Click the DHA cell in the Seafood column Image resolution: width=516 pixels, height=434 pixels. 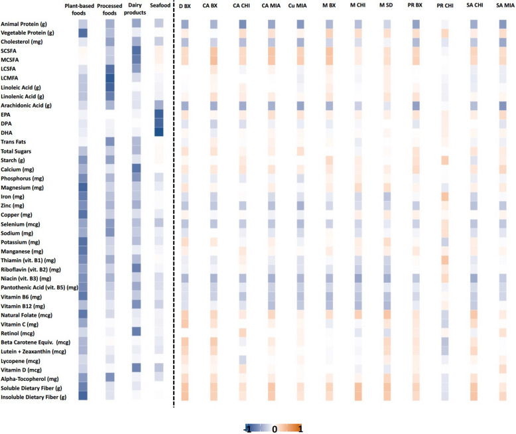pos(159,132)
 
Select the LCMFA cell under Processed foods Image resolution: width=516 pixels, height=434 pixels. pos(110,78)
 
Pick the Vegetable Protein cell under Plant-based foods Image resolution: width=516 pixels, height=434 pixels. pos(83,33)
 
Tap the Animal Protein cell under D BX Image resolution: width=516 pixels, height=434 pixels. pos(185,25)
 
